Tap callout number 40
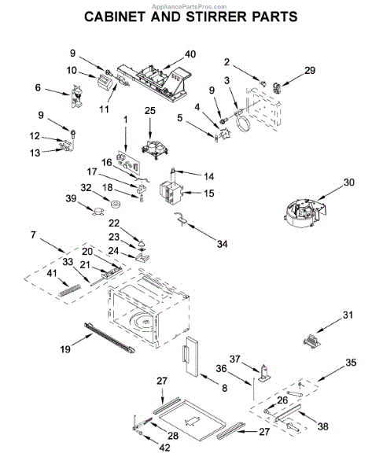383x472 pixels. click(190, 54)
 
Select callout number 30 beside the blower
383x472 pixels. click(348, 183)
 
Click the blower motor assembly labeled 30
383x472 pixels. click(305, 212)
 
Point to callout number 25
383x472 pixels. click(150, 110)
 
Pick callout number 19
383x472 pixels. click(65, 349)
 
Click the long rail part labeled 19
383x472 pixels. click(109, 337)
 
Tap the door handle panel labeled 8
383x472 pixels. click(190, 356)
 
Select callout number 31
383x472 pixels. click(348, 315)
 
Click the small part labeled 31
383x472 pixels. click(312, 341)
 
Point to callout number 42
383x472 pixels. click(164, 448)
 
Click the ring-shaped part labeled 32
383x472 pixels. click(116, 205)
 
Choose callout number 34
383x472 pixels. click(222, 244)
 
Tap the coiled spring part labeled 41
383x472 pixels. click(69, 290)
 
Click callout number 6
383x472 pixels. click(38, 87)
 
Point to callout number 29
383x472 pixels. click(310, 70)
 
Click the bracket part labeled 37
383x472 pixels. click(263, 373)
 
